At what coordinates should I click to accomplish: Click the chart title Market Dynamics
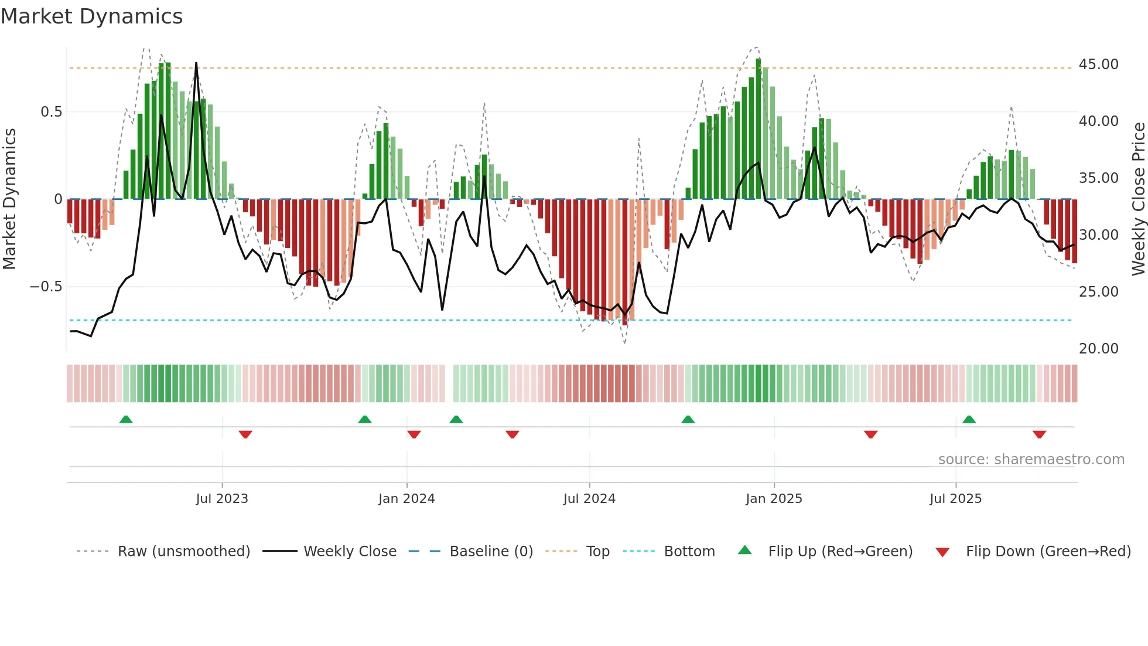[x=91, y=16]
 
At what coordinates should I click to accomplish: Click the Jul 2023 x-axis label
[x=222, y=499]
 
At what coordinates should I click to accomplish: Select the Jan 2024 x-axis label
[x=406, y=499]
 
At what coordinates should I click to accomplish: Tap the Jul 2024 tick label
[x=589, y=499]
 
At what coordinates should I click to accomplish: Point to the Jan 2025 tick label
[x=774, y=499]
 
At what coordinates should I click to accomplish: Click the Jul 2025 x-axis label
[x=955, y=499]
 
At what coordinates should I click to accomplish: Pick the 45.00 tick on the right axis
[x=1098, y=64]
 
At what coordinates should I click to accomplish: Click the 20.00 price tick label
[x=1098, y=348]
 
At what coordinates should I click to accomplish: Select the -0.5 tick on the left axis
[x=46, y=287]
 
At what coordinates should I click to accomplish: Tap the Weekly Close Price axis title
[x=1138, y=199]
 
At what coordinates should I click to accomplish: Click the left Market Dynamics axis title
[x=9, y=199]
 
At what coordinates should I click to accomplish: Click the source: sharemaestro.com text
[x=1031, y=460]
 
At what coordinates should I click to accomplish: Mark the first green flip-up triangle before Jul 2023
[x=126, y=419]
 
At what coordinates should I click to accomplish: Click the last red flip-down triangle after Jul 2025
[x=1039, y=434]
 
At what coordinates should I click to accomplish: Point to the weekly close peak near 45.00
[x=196, y=63]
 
